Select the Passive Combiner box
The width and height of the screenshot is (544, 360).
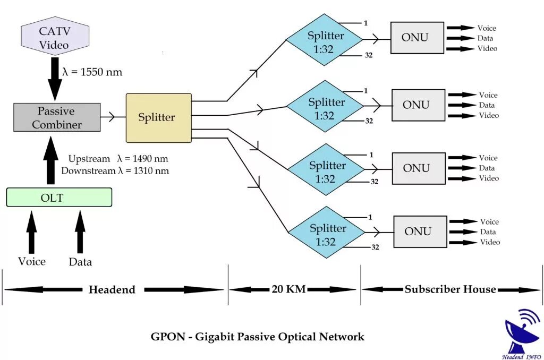pos(56,118)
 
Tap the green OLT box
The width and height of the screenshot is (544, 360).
pos(59,198)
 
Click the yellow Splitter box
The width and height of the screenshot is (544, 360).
pos(158,118)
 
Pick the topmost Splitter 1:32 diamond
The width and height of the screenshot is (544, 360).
pos(325,40)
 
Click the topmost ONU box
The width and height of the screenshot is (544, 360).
pos(417,38)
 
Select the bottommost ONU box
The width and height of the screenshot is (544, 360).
pos(420,232)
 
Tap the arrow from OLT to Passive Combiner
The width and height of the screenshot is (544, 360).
pos(51,159)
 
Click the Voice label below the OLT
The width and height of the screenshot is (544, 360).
pos(32,261)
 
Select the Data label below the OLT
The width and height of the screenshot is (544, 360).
pos(80,262)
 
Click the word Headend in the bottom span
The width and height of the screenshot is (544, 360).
pos(112,289)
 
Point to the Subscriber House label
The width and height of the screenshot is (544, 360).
pos(450,289)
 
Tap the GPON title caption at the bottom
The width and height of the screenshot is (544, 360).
pos(258,337)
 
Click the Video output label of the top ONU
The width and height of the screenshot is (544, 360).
pos(487,48)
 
